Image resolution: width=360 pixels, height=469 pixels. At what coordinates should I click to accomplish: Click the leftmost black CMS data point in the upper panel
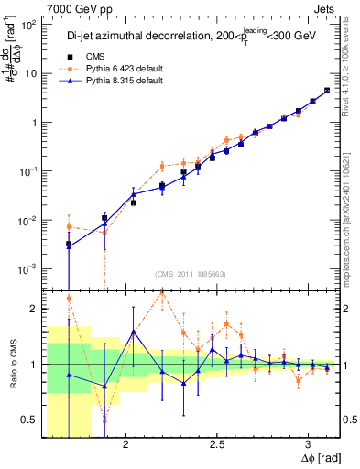69,245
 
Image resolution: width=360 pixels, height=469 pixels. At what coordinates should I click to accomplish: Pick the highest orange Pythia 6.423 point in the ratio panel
162,291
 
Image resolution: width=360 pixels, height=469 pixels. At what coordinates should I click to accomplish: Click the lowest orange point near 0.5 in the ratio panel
104,420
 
